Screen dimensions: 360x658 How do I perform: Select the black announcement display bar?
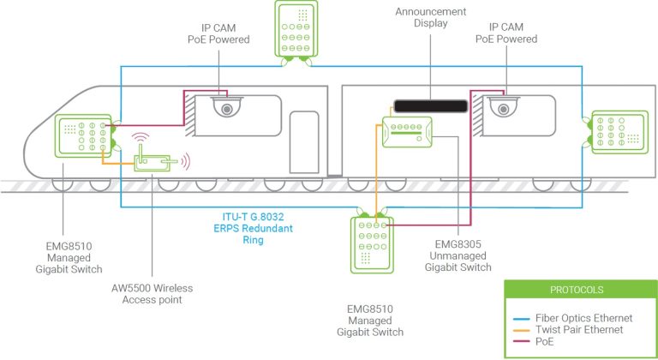click(x=430, y=105)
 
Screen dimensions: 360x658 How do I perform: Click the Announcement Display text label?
click(x=430, y=18)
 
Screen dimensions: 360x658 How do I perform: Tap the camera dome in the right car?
click(x=502, y=108)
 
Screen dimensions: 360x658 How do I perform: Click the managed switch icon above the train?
click(x=298, y=31)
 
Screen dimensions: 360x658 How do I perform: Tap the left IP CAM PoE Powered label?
click(x=218, y=33)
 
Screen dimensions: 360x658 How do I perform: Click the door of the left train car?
click(x=303, y=148)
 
